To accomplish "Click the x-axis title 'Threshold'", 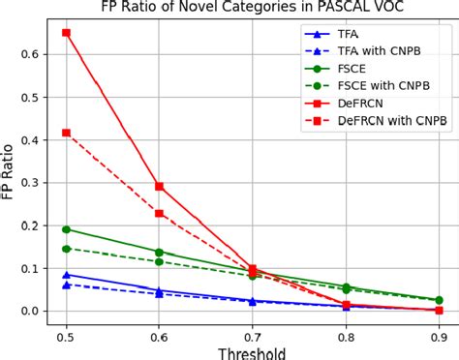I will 252,352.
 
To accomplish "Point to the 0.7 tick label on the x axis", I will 252,336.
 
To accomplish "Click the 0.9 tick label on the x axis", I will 439,336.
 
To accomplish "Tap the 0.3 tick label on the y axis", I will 29,183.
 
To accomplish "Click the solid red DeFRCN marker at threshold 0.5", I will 66,33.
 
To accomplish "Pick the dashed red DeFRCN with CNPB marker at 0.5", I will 66,133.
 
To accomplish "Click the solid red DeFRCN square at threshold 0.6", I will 159,186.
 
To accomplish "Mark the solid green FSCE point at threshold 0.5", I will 66,229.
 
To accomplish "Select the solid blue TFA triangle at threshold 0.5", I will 66,275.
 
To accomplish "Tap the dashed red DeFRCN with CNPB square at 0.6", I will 159,213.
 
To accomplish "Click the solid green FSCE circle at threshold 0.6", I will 159,252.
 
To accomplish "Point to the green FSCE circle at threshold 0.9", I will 439,300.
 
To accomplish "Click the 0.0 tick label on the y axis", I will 29,311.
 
